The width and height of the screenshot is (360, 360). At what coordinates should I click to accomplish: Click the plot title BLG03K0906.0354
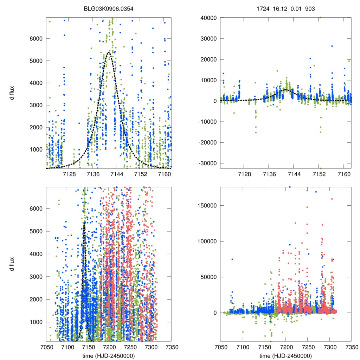click(x=109, y=7)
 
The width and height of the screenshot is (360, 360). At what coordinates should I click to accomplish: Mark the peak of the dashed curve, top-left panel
click(x=109, y=52)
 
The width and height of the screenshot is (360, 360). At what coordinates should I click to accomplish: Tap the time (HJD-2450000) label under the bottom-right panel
click(x=285, y=356)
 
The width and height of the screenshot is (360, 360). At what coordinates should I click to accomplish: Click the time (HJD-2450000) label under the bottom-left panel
click(x=109, y=356)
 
